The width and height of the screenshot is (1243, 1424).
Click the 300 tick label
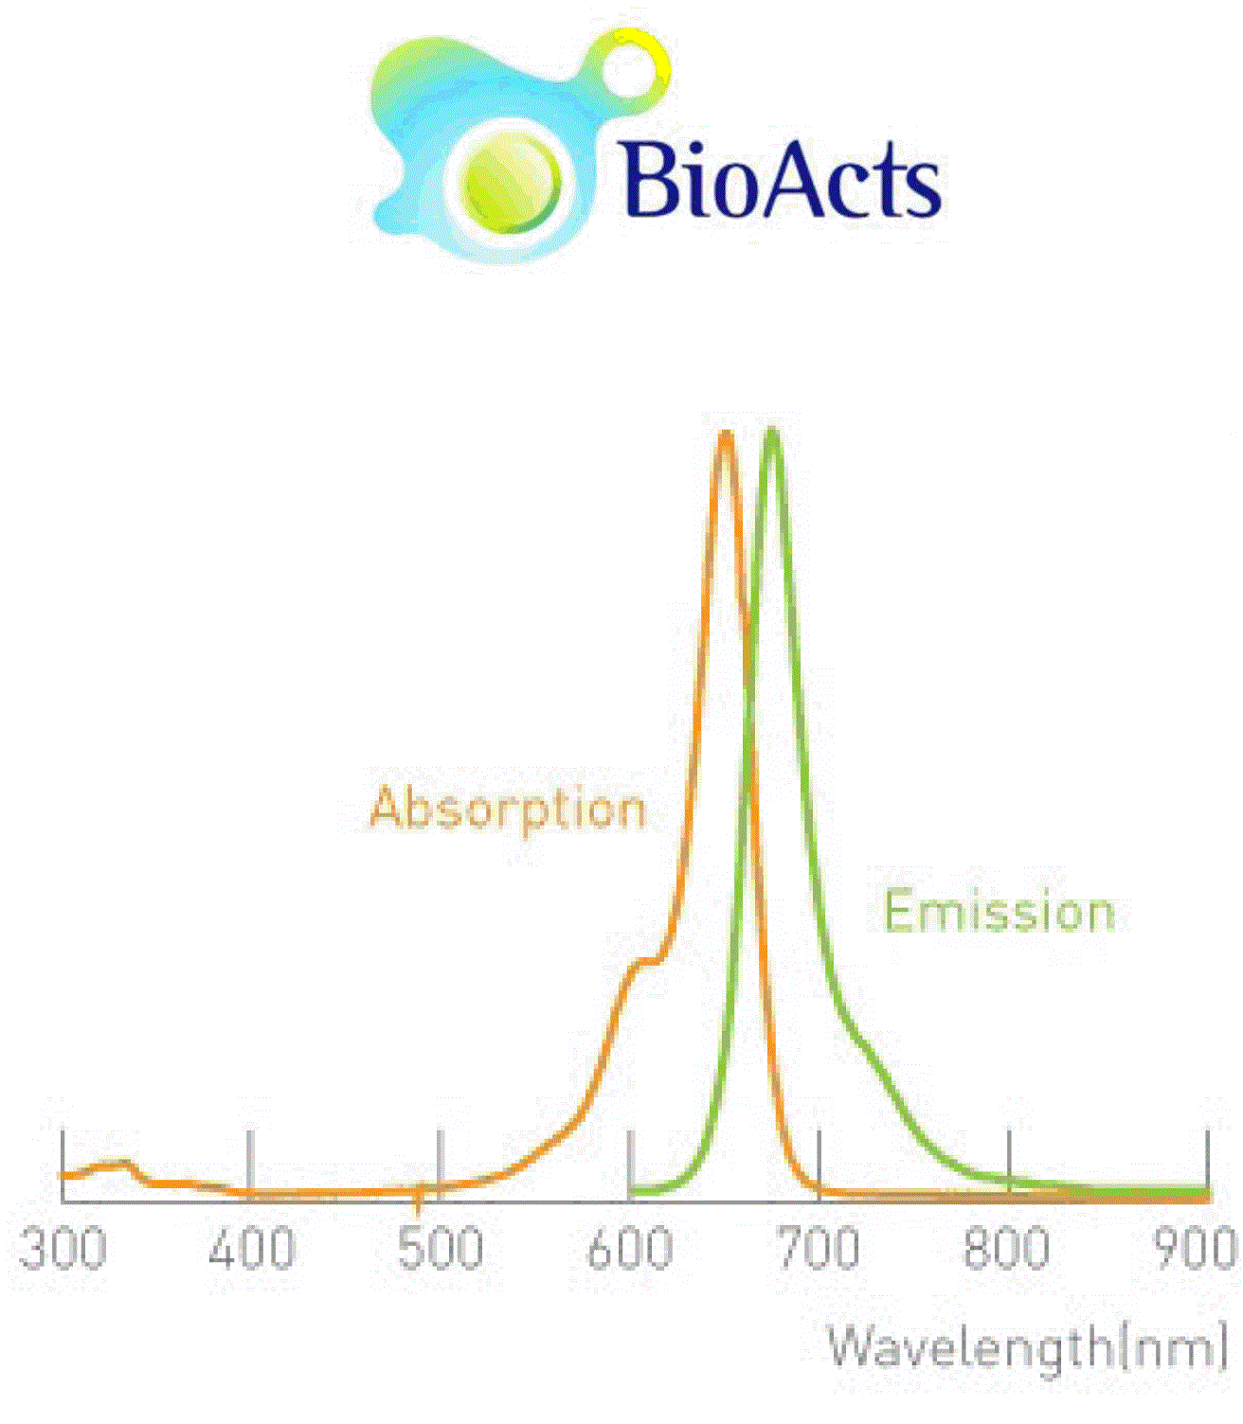tap(62, 1249)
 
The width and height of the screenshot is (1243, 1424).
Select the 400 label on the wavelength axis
tap(252, 1249)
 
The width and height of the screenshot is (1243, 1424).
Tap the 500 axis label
tap(441, 1249)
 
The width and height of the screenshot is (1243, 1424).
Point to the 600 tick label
tap(629, 1249)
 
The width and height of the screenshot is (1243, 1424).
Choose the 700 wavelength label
tap(819, 1249)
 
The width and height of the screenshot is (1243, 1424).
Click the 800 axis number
tap(1006, 1249)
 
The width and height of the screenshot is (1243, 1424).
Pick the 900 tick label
tap(1196, 1249)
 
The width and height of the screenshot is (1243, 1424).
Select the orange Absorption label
tap(508, 810)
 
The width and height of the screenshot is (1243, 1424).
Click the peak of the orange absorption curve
tap(727, 435)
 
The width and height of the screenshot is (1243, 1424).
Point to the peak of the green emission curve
tap(771, 432)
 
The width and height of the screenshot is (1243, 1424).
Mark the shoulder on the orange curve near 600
tap(644, 963)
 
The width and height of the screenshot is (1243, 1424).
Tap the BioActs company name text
tap(780, 180)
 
